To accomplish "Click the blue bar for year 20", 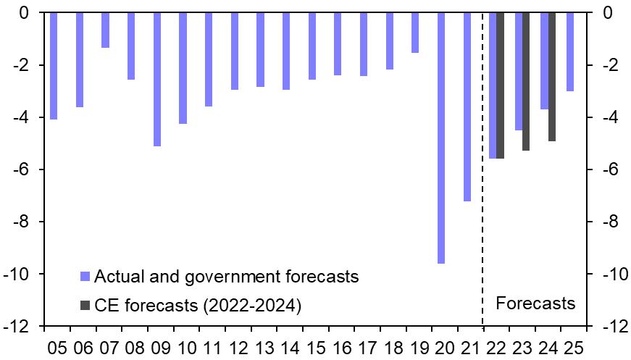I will (x=441, y=138).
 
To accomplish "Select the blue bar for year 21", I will (x=467, y=106).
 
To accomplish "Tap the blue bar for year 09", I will (x=157, y=79).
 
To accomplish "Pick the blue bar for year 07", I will (x=105, y=30).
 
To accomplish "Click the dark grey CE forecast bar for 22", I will (x=501, y=85).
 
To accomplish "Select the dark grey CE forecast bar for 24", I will (x=552, y=77).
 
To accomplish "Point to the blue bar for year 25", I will (x=570, y=51).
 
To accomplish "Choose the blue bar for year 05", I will (x=54, y=66).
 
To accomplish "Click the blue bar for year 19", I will (x=415, y=33).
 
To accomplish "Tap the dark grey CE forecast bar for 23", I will (x=526, y=81).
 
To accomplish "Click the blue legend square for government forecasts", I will (x=85, y=276).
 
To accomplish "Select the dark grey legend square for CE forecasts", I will (x=85, y=306).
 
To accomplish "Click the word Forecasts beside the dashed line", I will (x=535, y=303).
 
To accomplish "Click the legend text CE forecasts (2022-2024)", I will (x=198, y=306).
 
